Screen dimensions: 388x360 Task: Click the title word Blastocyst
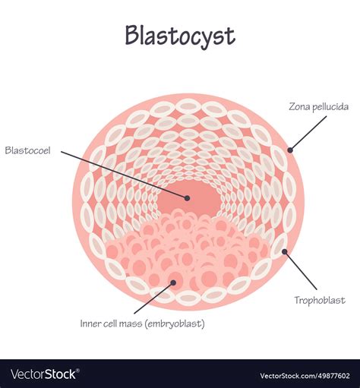[180, 36]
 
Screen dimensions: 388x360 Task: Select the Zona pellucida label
[319, 106]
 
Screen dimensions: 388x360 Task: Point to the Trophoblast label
[320, 300]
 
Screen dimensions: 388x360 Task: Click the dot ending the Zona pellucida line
[289, 148]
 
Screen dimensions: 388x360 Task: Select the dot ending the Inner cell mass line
[173, 282]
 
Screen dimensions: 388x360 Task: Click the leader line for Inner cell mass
[153, 298]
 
